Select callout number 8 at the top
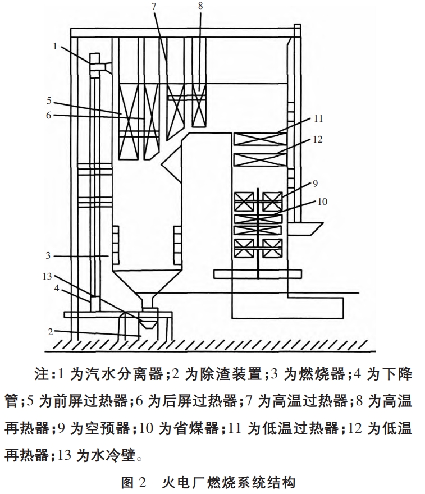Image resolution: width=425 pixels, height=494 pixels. (201, 7)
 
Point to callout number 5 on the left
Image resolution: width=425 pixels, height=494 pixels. (49, 102)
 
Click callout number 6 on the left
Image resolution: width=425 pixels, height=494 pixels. (49, 115)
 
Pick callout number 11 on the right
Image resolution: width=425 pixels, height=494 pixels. (318, 119)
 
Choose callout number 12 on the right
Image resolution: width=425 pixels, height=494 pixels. (318, 139)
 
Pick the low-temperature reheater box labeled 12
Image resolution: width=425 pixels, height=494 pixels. (259, 159)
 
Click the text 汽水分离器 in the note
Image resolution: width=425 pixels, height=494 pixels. (131, 373)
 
